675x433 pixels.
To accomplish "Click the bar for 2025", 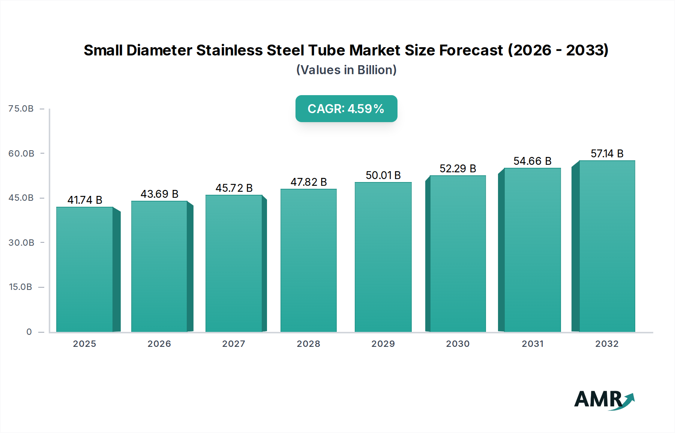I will (85, 269).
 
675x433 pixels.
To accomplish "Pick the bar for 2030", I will (457, 254).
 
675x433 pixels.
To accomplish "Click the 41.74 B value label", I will (85, 200).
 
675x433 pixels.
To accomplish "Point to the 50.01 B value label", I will (383, 175).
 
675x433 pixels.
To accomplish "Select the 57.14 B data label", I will (607, 154).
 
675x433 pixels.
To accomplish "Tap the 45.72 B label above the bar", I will (234, 188).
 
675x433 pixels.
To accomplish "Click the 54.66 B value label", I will (532, 161).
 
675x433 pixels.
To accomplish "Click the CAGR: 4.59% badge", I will (346, 109).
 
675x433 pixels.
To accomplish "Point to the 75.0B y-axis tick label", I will (21, 109).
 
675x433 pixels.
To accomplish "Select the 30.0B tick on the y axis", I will (21, 243).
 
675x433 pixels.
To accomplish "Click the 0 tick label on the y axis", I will (29, 332).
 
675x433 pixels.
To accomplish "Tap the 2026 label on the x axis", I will (159, 344).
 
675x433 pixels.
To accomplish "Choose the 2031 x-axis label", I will (532, 344).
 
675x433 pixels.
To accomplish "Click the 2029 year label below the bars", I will (383, 344).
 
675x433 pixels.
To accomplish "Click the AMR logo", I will (604, 400).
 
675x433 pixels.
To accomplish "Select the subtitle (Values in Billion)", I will (346, 70).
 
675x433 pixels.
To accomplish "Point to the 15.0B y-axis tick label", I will (21, 287).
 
